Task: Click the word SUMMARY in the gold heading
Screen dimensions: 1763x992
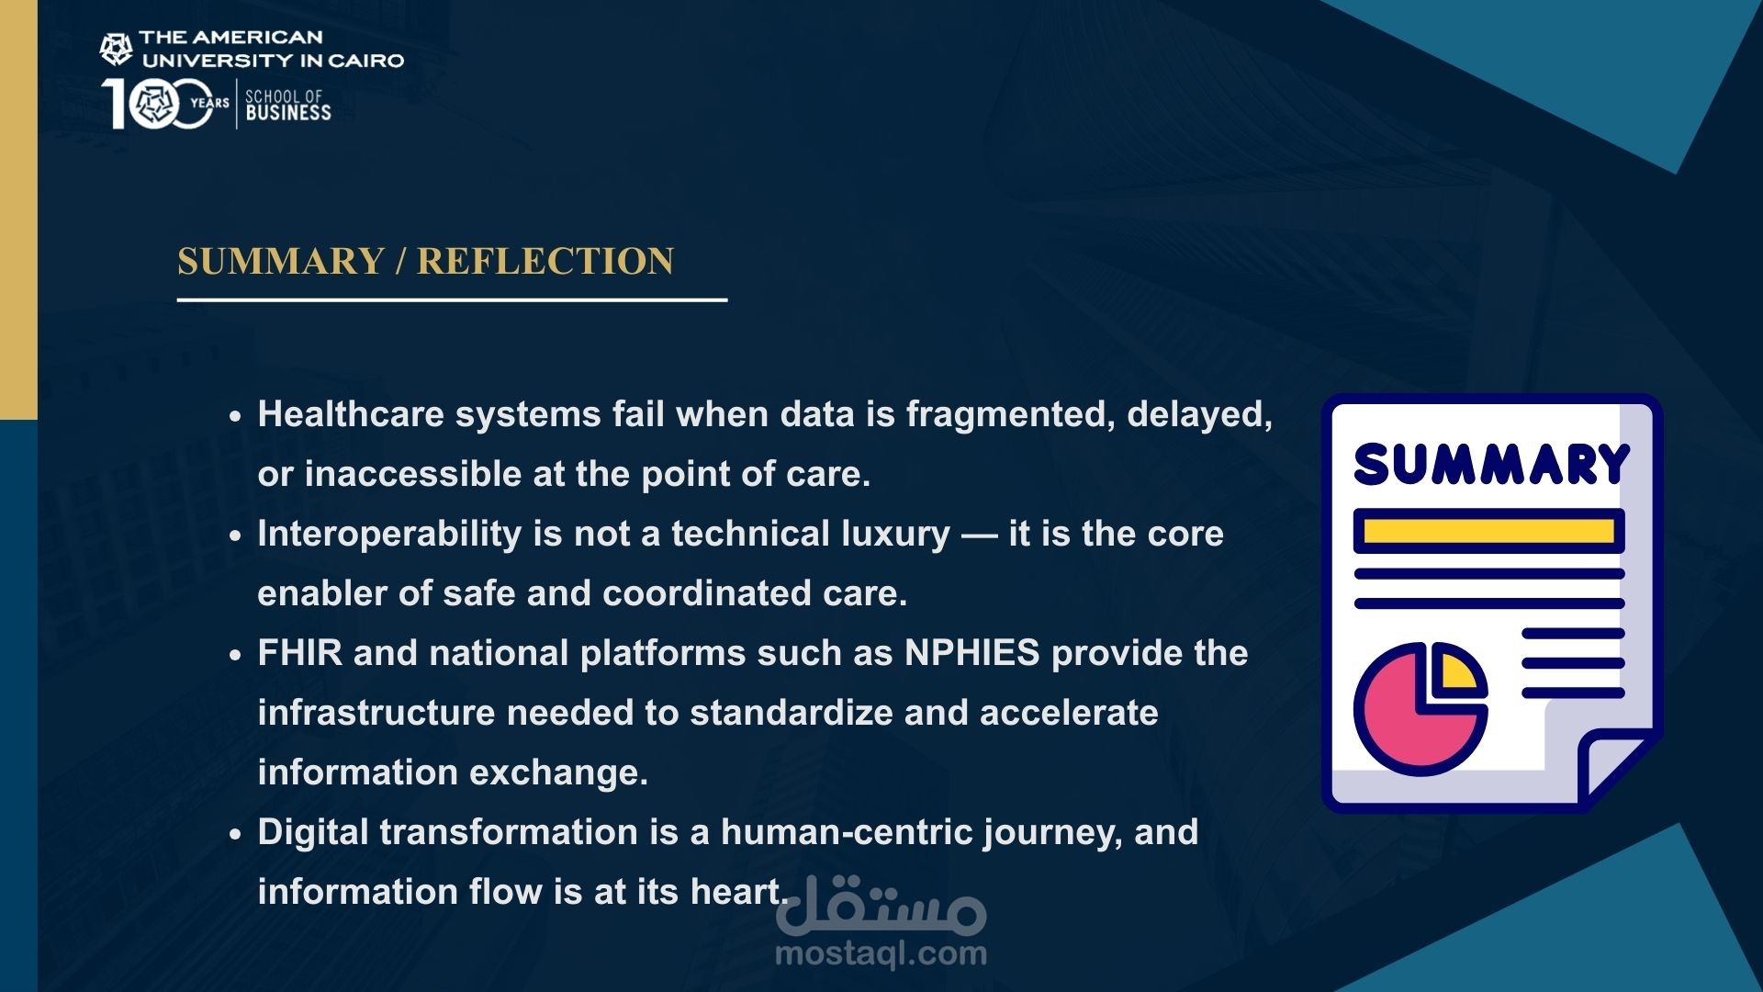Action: coord(280,261)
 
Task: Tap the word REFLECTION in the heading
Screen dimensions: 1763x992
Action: coord(545,261)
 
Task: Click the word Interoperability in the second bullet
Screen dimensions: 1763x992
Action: coord(389,534)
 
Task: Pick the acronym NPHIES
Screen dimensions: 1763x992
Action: coord(972,653)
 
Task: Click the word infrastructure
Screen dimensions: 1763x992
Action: coord(376,713)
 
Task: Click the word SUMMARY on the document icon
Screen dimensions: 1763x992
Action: coord(1491,464)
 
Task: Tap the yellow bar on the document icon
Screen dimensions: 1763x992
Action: coord(1488,531)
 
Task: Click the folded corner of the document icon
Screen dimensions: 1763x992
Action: coord(1618,767)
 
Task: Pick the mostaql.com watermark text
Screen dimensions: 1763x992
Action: coord(881,953)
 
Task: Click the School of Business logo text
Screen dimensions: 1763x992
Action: coord(287,105)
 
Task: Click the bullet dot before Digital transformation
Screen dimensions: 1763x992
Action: coord(236,834)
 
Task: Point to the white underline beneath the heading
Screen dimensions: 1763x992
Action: coord(452,299)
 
